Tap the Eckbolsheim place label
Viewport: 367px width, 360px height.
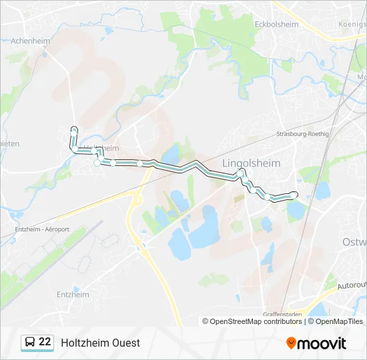[276, 24]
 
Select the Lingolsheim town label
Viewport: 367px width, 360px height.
[251, 163]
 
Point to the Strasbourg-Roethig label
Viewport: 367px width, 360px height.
[303, 133]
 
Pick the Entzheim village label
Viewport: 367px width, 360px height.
[73, 294]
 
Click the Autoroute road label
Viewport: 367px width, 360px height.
[352, 285]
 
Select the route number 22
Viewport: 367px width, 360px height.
[45, 342]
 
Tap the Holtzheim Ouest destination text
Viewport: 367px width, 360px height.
[100, 343]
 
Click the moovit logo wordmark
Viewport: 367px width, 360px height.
[322, 343]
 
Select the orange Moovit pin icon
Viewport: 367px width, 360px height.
[291, 343]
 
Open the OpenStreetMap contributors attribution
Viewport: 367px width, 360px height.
[256, 321]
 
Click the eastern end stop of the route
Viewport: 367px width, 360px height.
[294, 194]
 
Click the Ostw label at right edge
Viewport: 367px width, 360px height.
[354, 241]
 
